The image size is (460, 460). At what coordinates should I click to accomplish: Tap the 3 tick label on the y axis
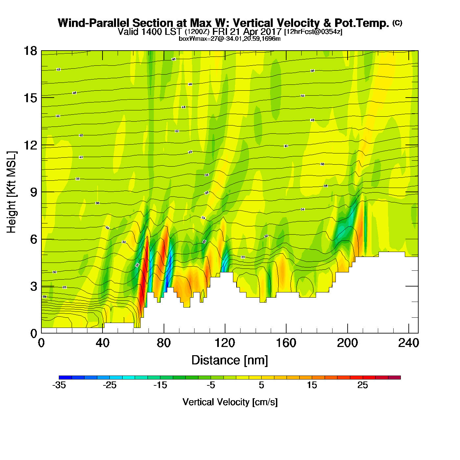[x=34, y=286]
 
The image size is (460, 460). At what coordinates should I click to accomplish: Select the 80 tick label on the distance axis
[x=164, y=343]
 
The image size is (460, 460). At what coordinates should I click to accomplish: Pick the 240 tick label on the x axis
[x=408, y=343]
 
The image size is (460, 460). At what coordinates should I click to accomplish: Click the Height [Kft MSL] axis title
[x=11, y=192]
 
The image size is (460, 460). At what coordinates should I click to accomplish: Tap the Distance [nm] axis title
[x=230, y=360]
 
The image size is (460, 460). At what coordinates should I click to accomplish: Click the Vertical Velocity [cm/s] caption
[x=230, y=402]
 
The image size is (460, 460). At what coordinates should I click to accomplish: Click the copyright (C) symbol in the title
[x=397, y=23]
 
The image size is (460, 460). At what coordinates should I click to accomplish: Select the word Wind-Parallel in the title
[x=94, y=23]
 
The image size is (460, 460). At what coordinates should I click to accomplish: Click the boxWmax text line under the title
[x=230, y=39]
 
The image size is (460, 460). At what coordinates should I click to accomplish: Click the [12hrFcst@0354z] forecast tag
[x=313, y=32]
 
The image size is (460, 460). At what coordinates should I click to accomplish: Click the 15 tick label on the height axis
[x=30, y=98]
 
